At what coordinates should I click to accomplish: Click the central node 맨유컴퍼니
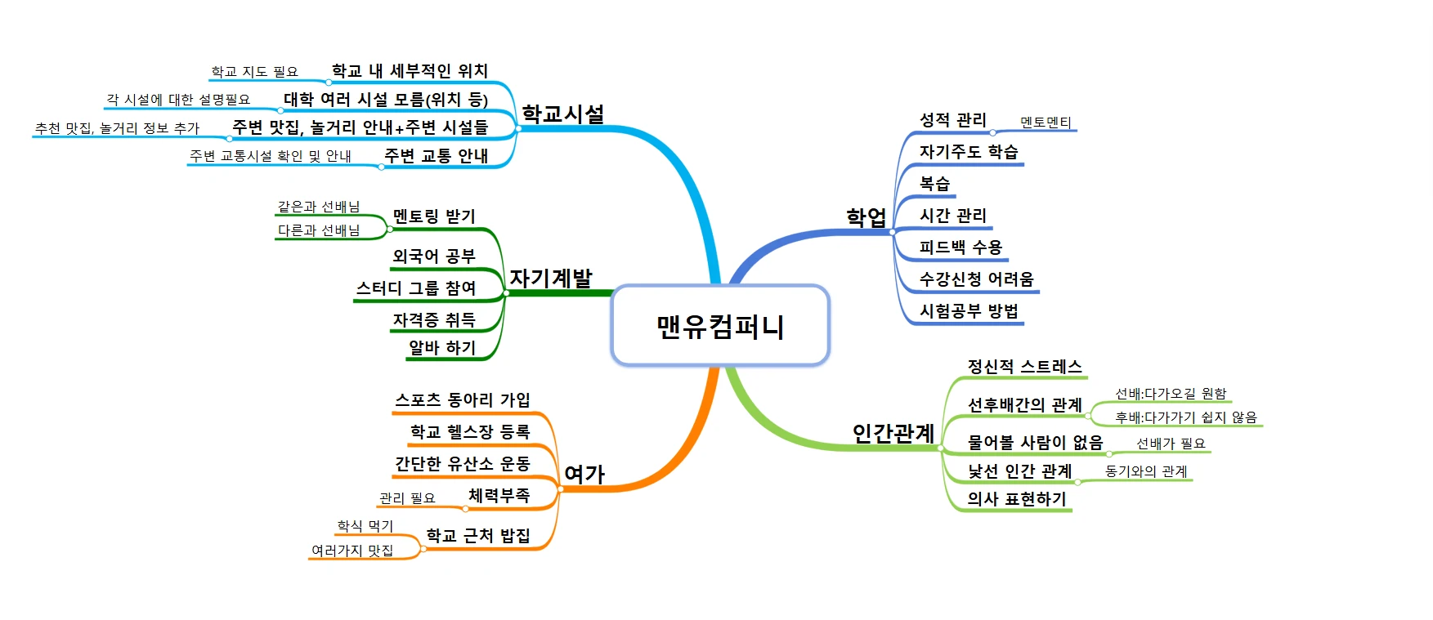720,326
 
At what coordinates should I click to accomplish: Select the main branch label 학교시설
563,114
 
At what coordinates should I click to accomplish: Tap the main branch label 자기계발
551,278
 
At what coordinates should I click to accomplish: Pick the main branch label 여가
584,474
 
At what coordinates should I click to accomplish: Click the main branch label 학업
867,216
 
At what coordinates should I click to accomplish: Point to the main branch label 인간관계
893,433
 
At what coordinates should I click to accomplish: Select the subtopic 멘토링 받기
434,216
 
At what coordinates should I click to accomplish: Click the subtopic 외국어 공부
434,256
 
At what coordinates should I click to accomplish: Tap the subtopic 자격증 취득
434,319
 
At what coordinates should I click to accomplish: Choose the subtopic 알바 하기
442,347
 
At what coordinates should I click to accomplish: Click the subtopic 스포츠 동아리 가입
463,399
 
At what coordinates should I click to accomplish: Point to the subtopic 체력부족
499,495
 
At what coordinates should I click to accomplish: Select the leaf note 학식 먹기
365,525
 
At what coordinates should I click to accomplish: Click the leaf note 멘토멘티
1046,123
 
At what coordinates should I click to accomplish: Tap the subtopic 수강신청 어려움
977,279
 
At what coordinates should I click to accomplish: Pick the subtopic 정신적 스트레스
1025,366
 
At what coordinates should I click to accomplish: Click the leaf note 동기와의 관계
1146,471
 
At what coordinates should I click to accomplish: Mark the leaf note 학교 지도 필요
255,72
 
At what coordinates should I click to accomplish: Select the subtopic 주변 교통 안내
437,155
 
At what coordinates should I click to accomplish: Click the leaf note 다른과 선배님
319,230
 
